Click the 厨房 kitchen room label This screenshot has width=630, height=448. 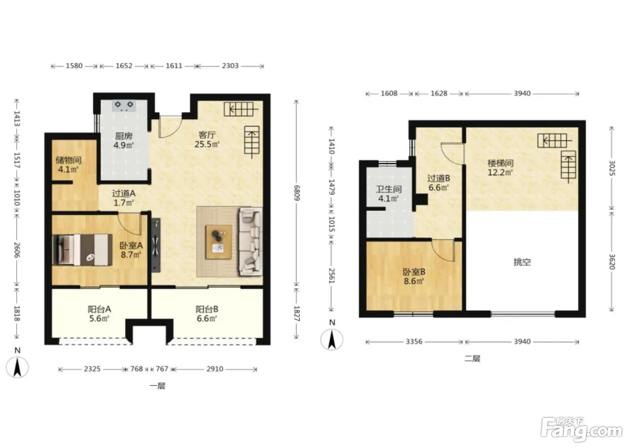coord(124,136)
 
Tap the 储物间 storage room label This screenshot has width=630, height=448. coord(68,160)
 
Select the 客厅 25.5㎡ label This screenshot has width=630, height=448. coord(207,139)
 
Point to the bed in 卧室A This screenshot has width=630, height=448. coord(82,250)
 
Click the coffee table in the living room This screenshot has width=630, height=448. coord(219,242)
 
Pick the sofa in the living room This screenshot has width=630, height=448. coord(250,242)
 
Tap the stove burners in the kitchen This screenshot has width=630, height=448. coord(124,105)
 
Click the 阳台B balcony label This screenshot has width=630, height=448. coord(207,309)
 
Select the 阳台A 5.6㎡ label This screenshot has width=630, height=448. coord(99,314)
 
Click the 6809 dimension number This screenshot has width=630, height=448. coord(297,193)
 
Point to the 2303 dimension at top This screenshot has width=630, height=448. coord(230,66)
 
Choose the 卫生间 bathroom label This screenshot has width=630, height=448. coord(389,189)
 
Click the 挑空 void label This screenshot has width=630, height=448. coord(522,262)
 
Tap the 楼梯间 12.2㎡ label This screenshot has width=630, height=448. coord(500,167)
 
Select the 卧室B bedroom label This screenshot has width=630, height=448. coord(414,272)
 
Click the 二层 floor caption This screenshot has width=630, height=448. coord(472,358)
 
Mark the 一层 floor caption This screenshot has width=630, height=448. coord(157,386)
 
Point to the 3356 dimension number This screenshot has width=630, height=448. coord(414,341)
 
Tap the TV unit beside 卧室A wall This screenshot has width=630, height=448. coord(156,245)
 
